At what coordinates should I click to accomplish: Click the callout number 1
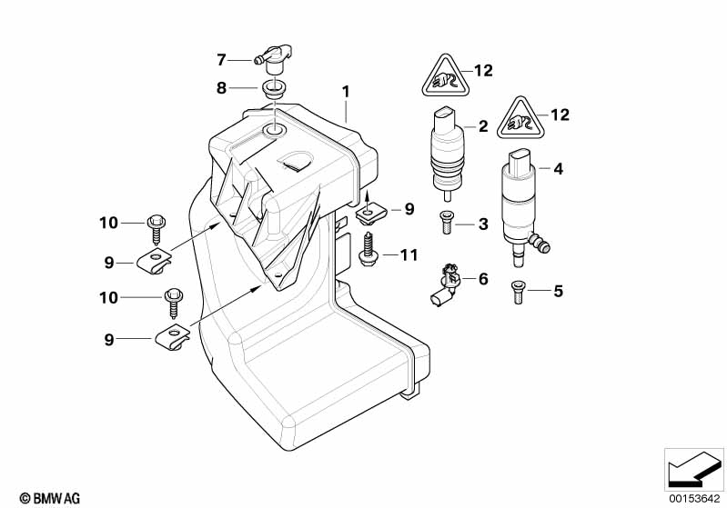pyautogui.click(x=346, y=92)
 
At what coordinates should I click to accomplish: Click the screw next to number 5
pyautogui.click(x=518, y=292)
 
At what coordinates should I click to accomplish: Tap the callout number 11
pyautogui.click(x=409, y=255)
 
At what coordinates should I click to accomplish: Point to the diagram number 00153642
pyautogui.click(x=693, y=497)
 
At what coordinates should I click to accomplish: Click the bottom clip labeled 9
pyautogui.click(x=174, y=337)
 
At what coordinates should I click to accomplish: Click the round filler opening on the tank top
pyautogui.click(x=273, y=134)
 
